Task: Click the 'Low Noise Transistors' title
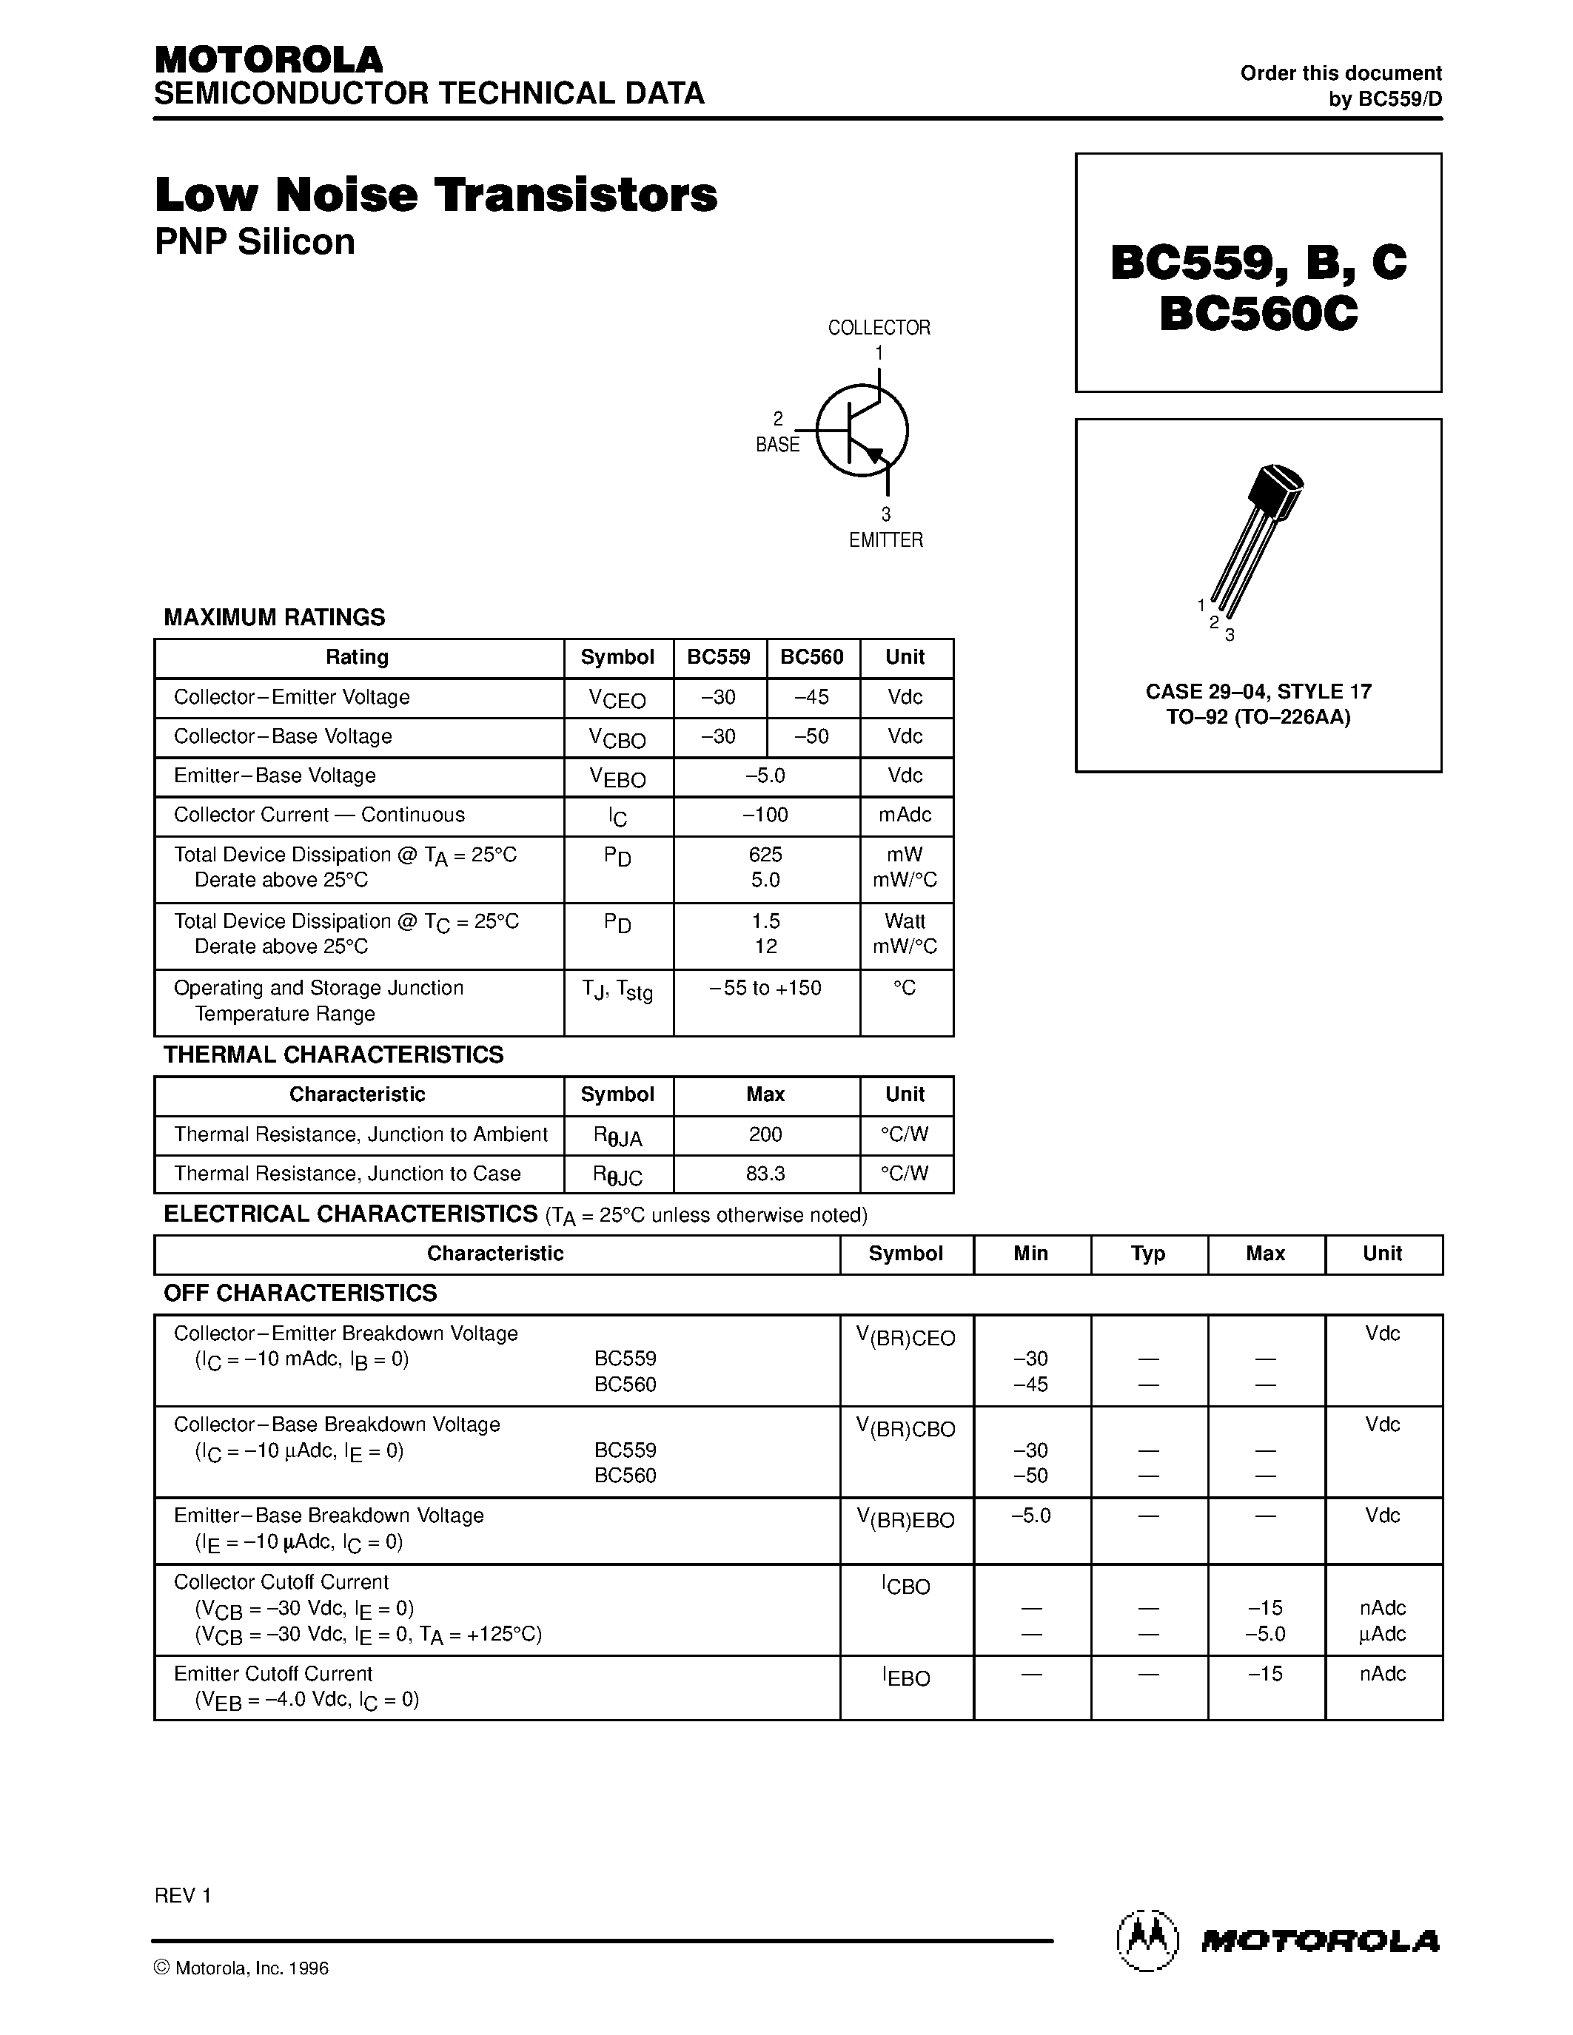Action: pyautogui.click(x=435, y=195)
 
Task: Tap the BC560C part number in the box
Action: pyautogui.click(x=1258, y=313)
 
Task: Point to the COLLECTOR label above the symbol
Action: pyautogui.click(x=879, y=328)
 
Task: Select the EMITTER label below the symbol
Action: pyautogui.click(x=885, y=540)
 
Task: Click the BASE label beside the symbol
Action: pyautogui.click(x=777, y=445)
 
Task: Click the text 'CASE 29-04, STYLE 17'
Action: pyautogui.click(x=1258, y=691)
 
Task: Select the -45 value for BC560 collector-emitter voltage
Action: pyautogui.click(x=811, y=697)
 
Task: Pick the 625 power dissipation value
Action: pyautogui.click(x=765, y=855)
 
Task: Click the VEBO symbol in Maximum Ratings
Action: pyautogui.click(x=617, y=777)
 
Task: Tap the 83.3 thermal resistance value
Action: pyautogui.click(x=765, y=1174)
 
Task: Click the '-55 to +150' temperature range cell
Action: pyautogui.click(x=765, y=988)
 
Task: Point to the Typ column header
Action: pyautogui.click(x=1148, y=1254)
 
